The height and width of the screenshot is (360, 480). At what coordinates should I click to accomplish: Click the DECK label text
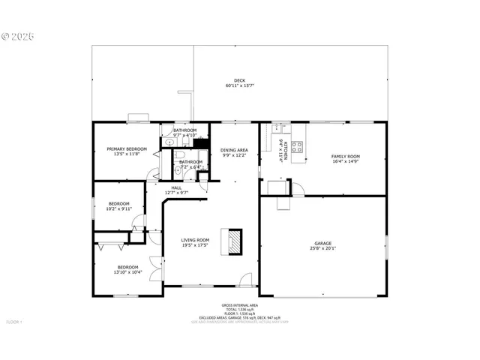coord(239,80)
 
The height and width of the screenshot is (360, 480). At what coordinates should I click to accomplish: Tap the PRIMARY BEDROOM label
coord(126,149)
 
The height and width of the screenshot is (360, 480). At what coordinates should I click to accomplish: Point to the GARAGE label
coord(322,243)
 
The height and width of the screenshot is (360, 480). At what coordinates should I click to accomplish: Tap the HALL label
coord(176,187)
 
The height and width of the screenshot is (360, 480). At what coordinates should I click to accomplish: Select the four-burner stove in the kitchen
coord(297,146)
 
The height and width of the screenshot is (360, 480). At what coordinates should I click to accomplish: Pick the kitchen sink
coord(276,128)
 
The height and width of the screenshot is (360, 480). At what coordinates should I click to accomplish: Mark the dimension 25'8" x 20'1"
coord(322,248)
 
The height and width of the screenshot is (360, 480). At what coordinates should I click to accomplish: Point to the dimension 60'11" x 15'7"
coord(239,85)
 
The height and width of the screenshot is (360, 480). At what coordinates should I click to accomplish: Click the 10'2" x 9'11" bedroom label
coord(118,206)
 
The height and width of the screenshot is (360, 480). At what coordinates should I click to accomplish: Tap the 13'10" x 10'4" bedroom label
coord(127,269)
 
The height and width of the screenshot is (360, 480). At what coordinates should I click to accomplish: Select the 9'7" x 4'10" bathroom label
coord(184,133)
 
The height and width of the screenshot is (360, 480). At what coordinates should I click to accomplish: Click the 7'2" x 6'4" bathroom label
coord(190,163)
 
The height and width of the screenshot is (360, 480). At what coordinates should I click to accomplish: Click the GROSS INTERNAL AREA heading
coord(239,305)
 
